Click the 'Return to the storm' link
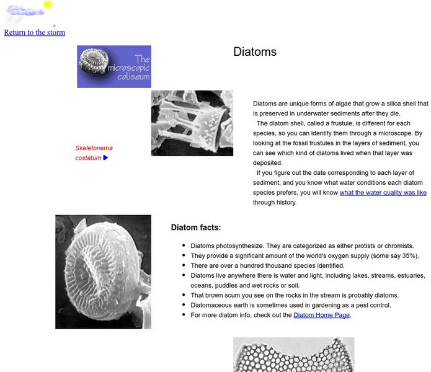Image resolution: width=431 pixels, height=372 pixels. coord(34,32)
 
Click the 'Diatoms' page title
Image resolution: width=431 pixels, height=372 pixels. coord(255,52)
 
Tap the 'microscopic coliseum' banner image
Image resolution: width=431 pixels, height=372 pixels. coord(113,66)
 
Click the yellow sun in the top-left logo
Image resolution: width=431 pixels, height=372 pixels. coord(48,6)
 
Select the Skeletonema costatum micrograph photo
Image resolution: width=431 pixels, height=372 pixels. coord(192,123)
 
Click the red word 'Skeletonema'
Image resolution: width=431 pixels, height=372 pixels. coord(94,148)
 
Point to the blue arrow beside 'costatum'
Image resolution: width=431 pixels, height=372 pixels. coord(105,157)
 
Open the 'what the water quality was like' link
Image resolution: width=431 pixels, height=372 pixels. coord(383,193)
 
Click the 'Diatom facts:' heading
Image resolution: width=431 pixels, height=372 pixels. coord(195,228)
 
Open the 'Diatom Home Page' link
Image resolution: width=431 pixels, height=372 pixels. coord(322,315)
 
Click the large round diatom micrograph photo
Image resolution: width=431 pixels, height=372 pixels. coord(103,272)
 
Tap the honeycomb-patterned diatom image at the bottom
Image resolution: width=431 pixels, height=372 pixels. coord(293,355)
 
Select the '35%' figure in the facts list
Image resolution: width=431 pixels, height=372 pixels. coord(409,255)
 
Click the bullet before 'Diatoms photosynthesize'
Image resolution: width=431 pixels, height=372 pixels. coord(184,246)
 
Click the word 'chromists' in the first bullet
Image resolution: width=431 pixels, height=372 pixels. coord(396,246)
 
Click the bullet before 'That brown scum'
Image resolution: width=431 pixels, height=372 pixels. coord(184,295)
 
